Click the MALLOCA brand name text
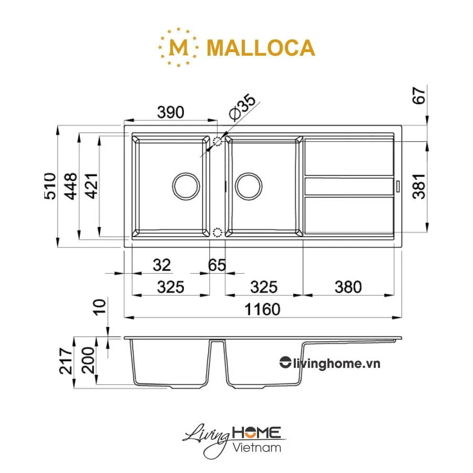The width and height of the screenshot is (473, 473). click(x=261, y=48)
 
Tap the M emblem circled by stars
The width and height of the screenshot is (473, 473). click(x=179, y=48)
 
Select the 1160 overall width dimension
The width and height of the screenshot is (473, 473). click(x=261, y=309)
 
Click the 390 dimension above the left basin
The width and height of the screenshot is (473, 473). click(x=171, y=112)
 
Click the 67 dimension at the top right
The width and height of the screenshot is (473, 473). click(x=418, y=98)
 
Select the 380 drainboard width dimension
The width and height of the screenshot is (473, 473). click(x=347, y=287)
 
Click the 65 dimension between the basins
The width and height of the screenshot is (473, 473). click(x=217, y=265)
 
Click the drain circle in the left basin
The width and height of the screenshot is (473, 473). click(x=186, y=186)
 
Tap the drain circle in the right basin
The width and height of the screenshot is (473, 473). click(x=249, y=186)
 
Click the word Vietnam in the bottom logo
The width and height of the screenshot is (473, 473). click(x=256, y=447)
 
